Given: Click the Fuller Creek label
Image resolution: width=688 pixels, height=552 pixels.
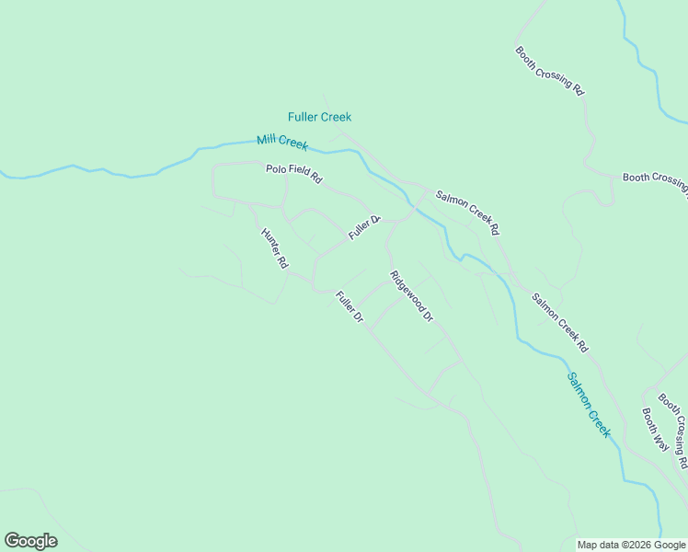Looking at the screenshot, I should pos(319,117).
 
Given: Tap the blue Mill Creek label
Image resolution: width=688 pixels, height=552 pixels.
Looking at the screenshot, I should pos(282,142).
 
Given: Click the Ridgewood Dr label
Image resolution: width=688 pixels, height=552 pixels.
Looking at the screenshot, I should pos(411,296).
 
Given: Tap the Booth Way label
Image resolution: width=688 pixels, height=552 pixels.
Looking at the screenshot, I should pos(655,429).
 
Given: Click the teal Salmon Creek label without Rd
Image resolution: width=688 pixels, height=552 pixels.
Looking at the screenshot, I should pos(589,404).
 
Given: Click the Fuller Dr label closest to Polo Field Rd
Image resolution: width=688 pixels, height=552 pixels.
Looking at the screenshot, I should pos(364,227).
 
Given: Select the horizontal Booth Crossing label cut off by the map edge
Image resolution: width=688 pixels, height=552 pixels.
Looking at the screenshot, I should pos(654,178).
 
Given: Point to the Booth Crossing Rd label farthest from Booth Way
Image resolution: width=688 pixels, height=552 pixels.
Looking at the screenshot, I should pos(550,72).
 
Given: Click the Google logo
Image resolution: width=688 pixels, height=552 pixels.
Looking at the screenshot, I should pos(30,540).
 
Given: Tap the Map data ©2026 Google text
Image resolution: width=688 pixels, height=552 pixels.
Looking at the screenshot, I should pos(631,545).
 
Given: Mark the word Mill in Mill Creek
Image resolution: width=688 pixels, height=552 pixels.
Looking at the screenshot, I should pos(267,140).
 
